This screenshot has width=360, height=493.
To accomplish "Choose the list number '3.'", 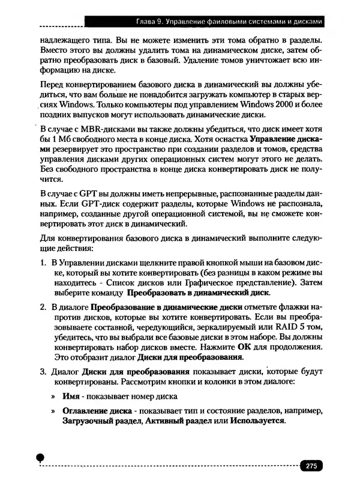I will pos(44,370).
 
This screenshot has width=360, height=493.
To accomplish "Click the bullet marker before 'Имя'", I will pos(54,396).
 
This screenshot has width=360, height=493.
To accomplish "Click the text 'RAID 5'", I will pos(290,327).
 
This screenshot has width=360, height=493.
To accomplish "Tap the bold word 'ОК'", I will pos(245,347).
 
